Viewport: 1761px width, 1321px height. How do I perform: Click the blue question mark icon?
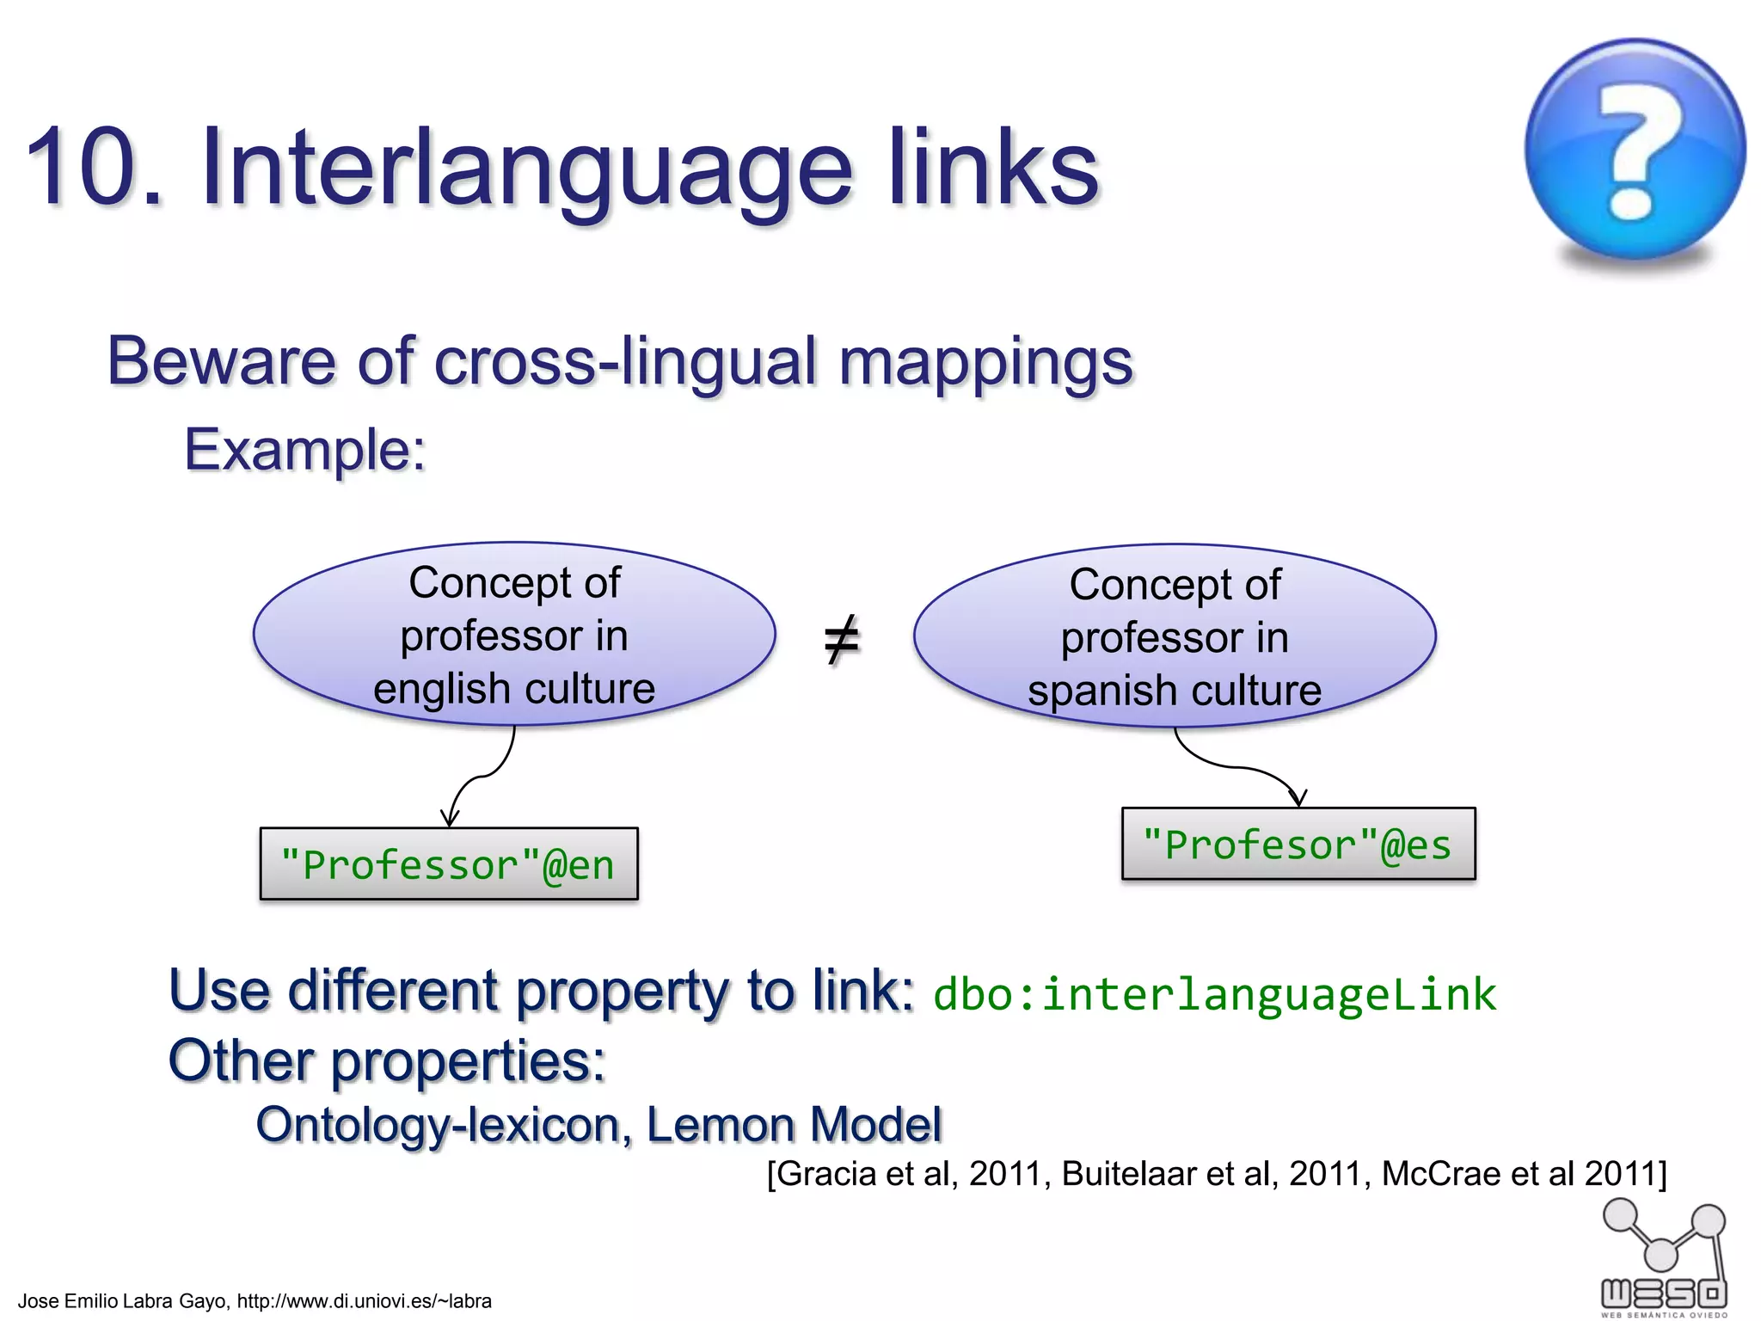[1635, 150]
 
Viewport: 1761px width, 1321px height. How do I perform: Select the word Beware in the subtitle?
[220, 361]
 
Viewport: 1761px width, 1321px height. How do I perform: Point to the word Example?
[304, 450]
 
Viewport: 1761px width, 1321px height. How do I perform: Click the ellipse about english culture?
[514, 635]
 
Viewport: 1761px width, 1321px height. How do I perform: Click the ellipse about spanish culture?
[1175, 636]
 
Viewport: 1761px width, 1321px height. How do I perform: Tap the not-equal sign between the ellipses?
[841, 639]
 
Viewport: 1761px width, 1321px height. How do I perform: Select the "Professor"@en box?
[449, 864]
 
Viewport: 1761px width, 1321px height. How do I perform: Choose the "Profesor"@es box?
[1298, 844]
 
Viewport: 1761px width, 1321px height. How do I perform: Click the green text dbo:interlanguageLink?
[1214, 995]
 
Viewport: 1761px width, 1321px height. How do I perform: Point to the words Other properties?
[387, 1060]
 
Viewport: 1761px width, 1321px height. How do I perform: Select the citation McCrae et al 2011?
[1522, 1174]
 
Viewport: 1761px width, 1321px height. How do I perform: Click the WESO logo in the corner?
[1664, 1261]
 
